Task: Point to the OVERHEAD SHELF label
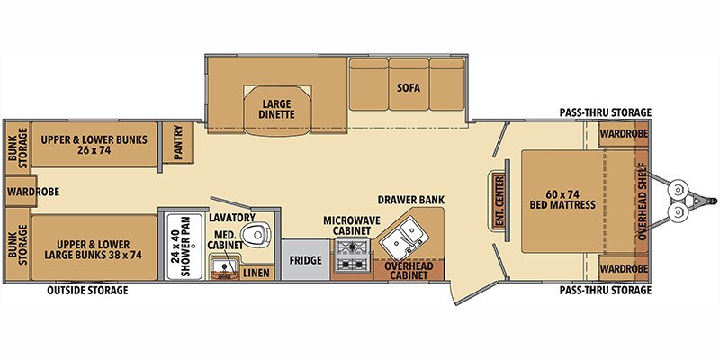(x=642, y=200)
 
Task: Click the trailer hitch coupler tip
(x=711, y=200)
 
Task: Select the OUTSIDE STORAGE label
(x=87, y=291)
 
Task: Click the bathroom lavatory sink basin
(x=222, y=265)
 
